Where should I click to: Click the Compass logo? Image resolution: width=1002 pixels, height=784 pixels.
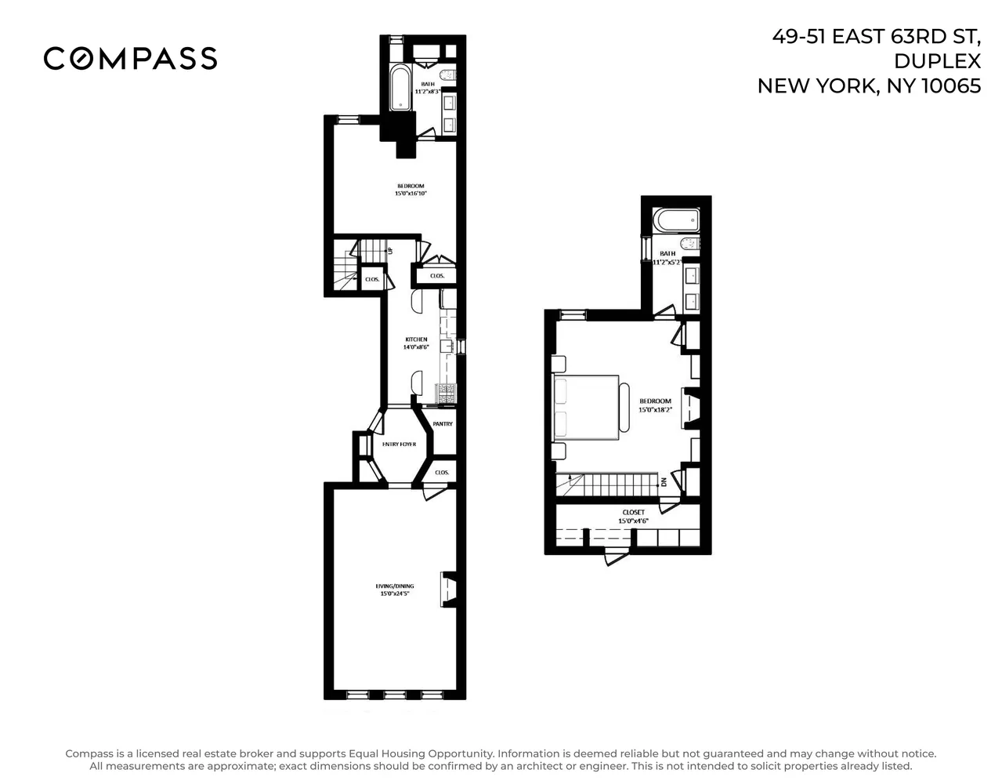[130, 58]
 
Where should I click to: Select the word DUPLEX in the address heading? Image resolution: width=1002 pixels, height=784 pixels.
[937, 61]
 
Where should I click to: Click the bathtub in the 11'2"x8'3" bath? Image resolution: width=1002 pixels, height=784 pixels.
[400, 88]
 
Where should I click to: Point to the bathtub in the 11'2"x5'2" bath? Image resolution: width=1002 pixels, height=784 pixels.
[675, 220]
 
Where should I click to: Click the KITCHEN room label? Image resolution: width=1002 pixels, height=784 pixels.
[416, 339]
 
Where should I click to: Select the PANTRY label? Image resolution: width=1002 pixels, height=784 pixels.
[443, 424]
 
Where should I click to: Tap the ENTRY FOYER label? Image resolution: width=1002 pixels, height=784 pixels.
[399, 445]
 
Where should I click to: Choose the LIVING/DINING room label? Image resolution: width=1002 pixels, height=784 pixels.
[395, 586]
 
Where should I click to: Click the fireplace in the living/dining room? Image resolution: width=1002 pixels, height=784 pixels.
[450, 588]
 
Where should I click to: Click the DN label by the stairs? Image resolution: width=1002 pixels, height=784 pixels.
[664, 481]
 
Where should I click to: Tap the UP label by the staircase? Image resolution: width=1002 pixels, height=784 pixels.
[390, 251]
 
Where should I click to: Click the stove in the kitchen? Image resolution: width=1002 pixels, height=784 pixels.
[447, 393]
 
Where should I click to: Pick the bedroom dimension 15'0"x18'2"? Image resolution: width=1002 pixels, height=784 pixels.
[655, 409]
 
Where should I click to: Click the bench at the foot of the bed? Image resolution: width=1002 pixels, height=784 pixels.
[624, 406]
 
